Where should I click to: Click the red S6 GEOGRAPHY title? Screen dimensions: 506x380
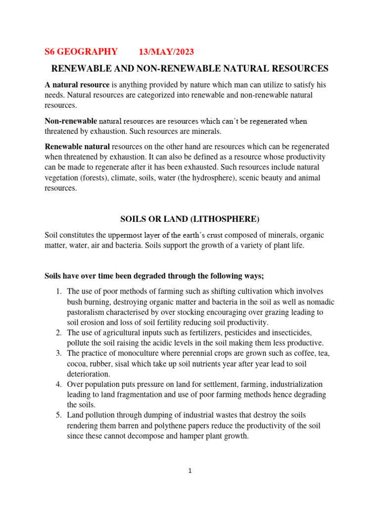[x=81, y=52]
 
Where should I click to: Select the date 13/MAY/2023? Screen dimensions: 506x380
[x=166, y=52]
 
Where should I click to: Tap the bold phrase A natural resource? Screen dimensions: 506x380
[x=77, y=85]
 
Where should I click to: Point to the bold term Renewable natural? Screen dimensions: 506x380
[x=78, y=147]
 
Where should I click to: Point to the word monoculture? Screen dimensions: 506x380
[x=137, y=353]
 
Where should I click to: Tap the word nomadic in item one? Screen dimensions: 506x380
[x=321, y=302]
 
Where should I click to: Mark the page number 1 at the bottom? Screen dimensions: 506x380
[x=190, y=471]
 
